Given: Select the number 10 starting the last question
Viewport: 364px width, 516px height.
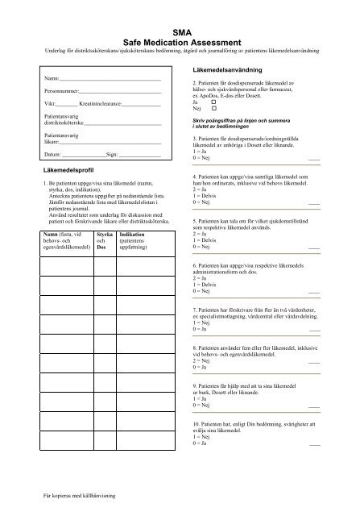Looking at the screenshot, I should click(x=197, y=423).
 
